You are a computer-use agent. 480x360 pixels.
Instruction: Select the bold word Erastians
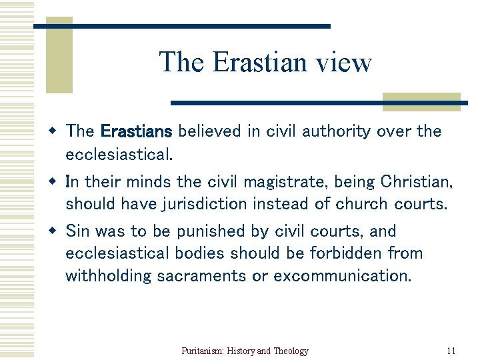pos(137,131)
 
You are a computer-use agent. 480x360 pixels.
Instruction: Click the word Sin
pos(77,231)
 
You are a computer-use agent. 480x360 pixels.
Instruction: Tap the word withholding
pos(109,275)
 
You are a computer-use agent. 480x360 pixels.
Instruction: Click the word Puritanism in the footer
pos(203,351)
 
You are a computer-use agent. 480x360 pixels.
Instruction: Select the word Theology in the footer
pos(291,351)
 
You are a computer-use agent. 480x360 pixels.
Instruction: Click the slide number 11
pos(451,351)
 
